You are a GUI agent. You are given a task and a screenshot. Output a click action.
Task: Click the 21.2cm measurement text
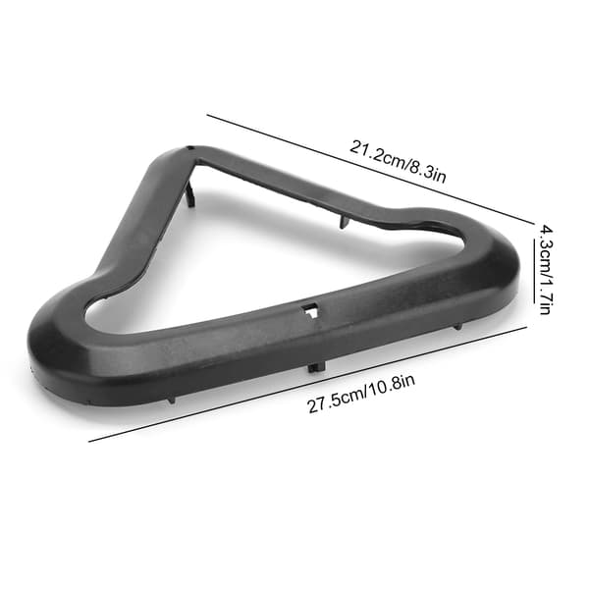[x=377, y=155]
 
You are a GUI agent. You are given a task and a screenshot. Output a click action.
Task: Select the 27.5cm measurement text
[x=336, y=401]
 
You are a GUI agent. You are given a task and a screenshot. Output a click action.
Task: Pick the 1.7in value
[x=545, y=294]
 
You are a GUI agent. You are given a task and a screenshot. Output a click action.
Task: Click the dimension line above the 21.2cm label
[x=370, y=169]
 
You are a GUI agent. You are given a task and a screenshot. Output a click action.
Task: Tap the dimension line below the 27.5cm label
[x=307, y=384]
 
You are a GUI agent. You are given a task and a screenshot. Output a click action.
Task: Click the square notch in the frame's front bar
[x=310, y=310]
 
